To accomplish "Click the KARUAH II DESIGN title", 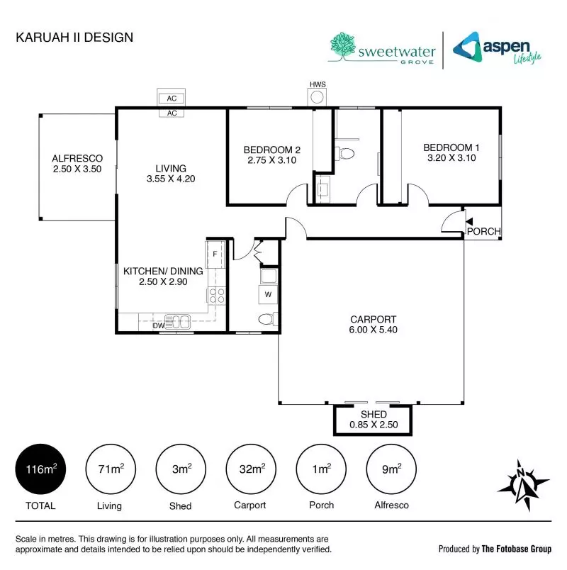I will coord(74,37).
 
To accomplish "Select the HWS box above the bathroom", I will coord(317,95).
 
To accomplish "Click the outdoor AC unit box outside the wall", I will coord(172,98).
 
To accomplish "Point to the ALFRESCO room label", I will coord(77,158).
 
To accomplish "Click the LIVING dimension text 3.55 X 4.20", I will coord(170,179).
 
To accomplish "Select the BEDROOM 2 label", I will coord(272,150).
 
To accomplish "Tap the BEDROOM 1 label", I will coord(451,147).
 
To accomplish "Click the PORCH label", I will coord(484,231).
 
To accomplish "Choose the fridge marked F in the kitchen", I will coord(215,252).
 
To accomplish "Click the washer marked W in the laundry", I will coord(269,294).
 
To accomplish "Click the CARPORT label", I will coord(373,319).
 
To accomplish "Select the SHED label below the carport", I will coord(374,414).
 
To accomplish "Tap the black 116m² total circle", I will coord(40,469).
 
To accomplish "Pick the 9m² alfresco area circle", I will coord(391,469).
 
